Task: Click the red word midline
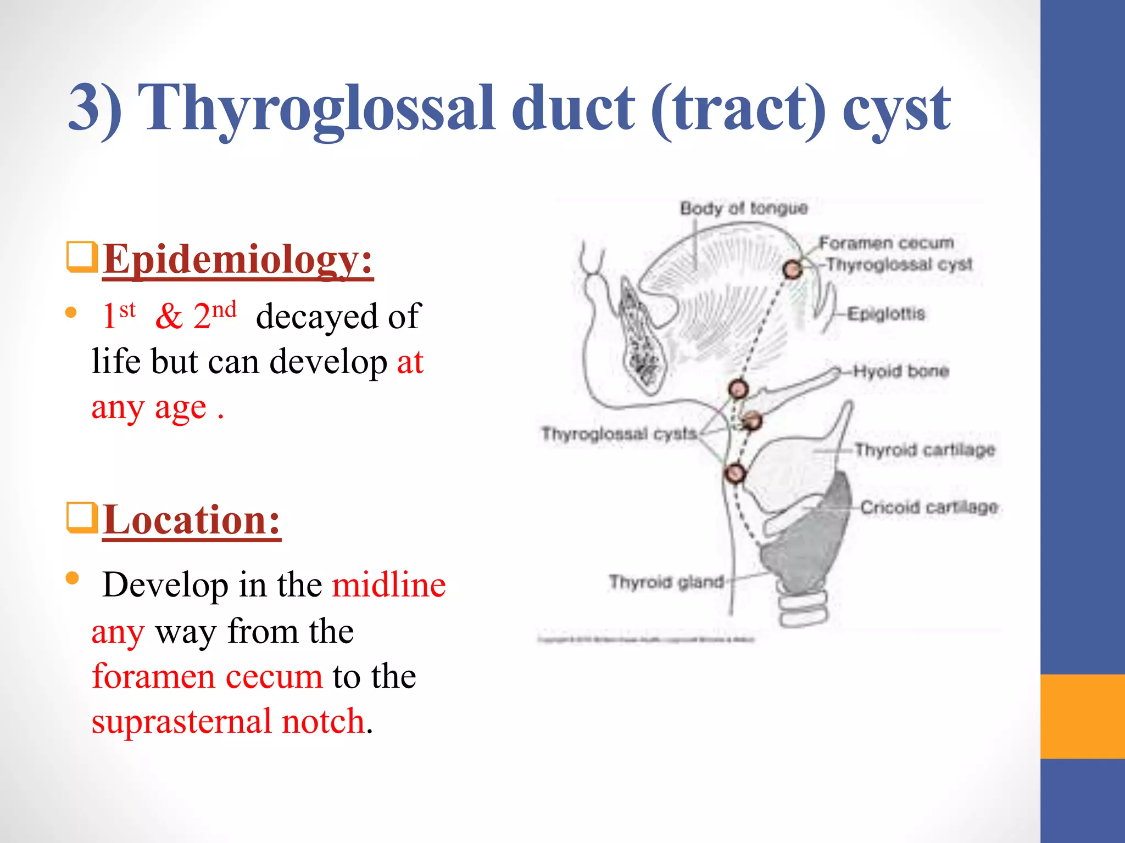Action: pos(389,585)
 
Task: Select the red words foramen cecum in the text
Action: pos(207,676)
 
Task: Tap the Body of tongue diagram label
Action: pos(744,208)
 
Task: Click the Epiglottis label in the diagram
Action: pos(885,314)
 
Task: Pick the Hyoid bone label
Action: pos(901,371)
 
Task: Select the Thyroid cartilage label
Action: pos(924,450)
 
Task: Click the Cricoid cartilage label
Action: pos(929,507)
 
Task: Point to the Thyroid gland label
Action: pos(666,582)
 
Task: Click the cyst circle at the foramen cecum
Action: pos(792,269)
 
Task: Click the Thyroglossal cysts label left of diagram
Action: pos(619,434)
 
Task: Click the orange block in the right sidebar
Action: pos(1082,716)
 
